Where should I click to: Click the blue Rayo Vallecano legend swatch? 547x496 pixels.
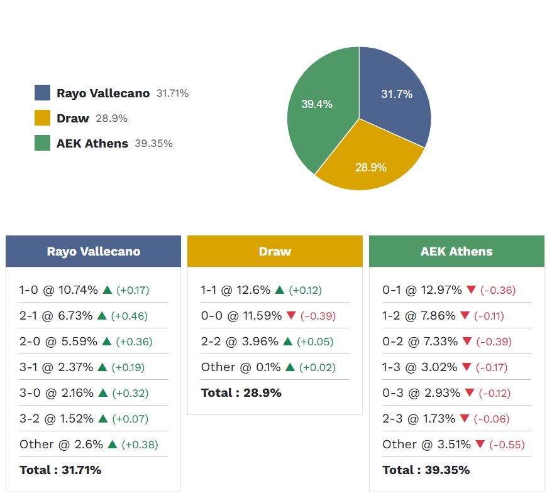(42, 93)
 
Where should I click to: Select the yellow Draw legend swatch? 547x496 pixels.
(42, 118)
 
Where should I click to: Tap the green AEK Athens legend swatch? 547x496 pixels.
(42, 143)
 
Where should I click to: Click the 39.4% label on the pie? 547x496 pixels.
(316, 104)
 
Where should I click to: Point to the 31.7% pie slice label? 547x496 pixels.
(397, 94)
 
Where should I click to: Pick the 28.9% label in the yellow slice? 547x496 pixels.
(370, 168)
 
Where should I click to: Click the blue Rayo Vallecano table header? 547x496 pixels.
(93, 251)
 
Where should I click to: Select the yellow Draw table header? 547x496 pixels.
(275, 251)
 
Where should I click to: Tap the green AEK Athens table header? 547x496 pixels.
(456, 251)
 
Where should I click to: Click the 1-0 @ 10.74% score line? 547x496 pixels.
(58, 290)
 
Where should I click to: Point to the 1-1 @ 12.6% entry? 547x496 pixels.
(236, 290)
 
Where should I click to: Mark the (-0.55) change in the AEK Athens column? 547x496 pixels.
(507, 445)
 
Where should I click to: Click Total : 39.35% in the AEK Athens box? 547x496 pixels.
(426, 470)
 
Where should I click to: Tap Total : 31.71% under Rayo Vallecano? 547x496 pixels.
(60, 470)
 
